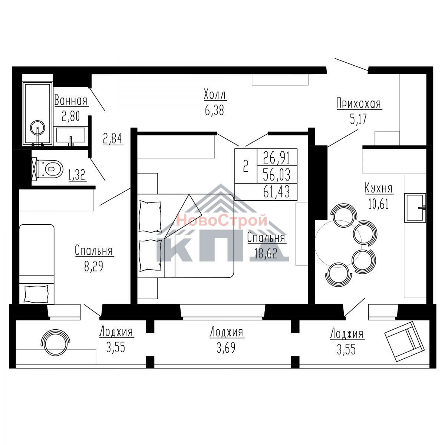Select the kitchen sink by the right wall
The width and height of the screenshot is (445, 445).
click(x=415, y=208)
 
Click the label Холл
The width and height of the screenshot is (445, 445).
click(x=215, y=95)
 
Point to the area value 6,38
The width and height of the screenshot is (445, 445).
click(x=214, y=111)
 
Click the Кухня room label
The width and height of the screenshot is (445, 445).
click(x=379, y=188)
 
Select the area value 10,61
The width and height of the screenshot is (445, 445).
click(x=379, y=204)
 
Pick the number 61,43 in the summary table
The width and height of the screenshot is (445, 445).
click(x=276, y=192)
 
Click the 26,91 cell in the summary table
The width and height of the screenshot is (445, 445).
click(x=277, y=157)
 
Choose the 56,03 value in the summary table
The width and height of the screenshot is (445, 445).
click(x=277, y=175)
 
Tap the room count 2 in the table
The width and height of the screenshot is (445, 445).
click(x=246, y=167)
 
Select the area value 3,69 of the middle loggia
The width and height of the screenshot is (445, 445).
click(x=226, y=348)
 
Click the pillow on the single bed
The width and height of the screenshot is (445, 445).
click(x=36, y=294)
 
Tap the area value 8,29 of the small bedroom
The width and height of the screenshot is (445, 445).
click(x=93, y=267)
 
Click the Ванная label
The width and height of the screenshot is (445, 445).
click(x=71, y=101)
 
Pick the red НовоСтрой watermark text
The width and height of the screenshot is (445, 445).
click(x=222, y=220)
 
